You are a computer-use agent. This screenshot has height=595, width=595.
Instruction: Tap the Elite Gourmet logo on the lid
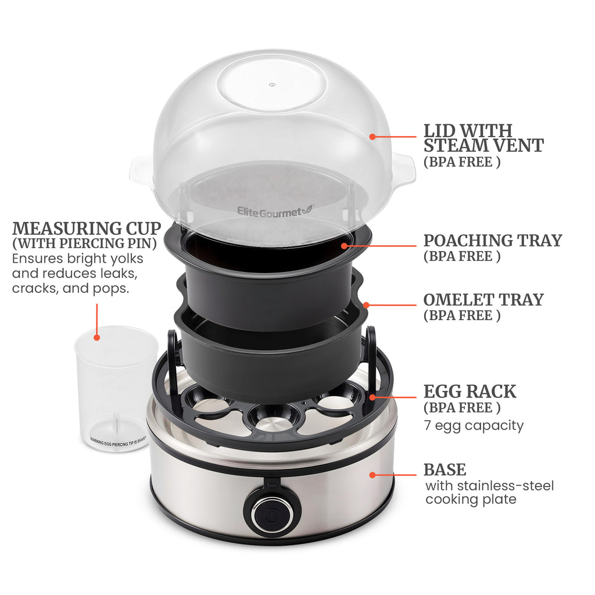click(x=273, y=212)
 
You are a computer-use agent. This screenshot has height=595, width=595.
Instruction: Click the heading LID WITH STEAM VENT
click(x=483, y=138)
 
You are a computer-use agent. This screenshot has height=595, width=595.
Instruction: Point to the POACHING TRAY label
click(x=492, y=240)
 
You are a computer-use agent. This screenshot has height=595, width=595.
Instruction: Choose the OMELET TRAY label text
click(x=483, y=300)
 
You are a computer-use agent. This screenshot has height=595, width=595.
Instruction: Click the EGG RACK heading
click(x=469, y=391)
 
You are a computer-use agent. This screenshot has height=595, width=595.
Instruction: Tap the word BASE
click(x=445, y=469)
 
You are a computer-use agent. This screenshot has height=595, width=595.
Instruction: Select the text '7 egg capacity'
click(x=473, y=425)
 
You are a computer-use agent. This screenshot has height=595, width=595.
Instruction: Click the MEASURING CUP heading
click(x=87, y=228)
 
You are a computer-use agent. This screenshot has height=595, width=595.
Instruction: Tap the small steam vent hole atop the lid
click(x=271, y=85)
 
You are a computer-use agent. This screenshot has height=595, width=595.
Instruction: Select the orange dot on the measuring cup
click(x=97, y=336)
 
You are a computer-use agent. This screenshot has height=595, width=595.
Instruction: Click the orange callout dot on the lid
click(x=372, y=137)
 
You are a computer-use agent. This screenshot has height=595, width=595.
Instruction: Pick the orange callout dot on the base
click(x=372, y=475)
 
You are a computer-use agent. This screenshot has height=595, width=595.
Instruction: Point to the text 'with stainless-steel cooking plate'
click(x=489, y=492)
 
